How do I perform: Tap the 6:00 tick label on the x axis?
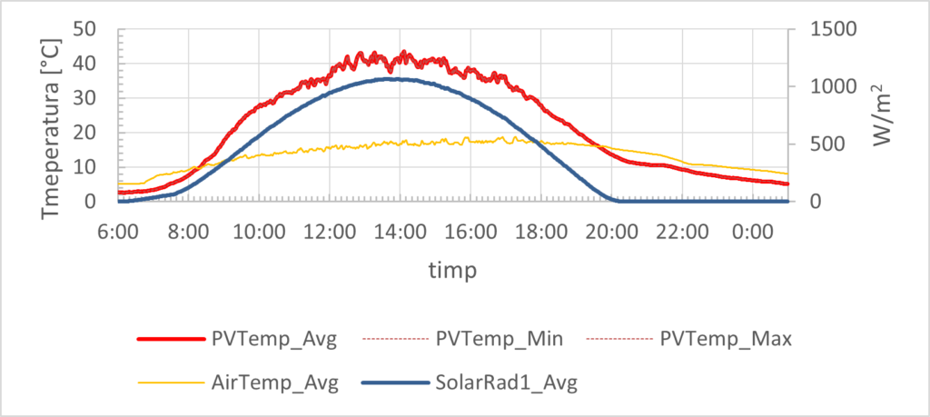(118, 232)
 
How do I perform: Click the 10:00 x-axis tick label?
(259, 232)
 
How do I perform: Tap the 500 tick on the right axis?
(821, 144)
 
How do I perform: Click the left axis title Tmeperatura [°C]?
(52, 115)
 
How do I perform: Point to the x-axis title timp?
(453, 270)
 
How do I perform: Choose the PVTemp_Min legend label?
(500, 340)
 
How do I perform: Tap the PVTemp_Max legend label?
(726, 340)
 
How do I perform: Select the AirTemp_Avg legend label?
(275, 383)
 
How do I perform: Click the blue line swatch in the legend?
(393, 383)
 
